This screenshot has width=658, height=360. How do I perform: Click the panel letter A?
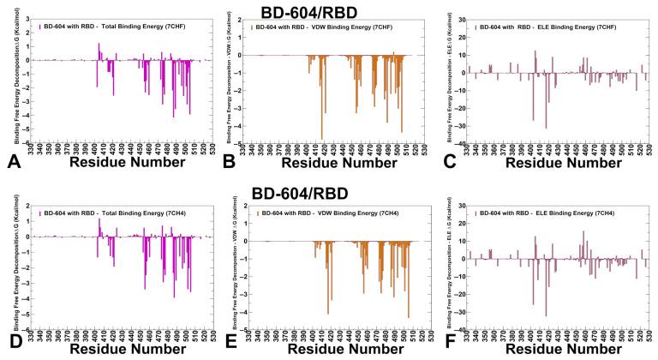[13, 161]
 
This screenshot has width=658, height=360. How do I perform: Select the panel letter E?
[230, 347]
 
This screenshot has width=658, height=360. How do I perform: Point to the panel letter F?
[453, 347]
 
